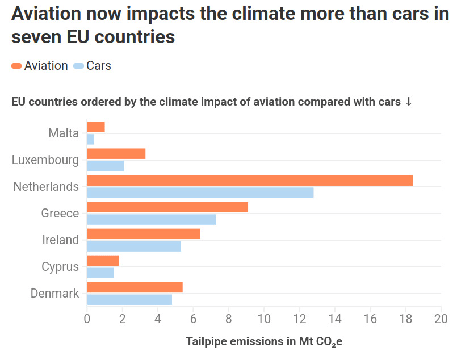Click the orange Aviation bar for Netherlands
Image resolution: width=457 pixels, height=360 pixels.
pos(250,180)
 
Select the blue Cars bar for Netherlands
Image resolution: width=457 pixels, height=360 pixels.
pos(200,193)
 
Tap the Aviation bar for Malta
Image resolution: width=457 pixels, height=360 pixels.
pos(96,127)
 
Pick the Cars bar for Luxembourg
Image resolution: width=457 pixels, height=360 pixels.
pos(106,166)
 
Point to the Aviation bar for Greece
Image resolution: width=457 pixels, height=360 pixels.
pos(167,207)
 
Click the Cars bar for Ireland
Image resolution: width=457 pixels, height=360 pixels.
pos(134,246)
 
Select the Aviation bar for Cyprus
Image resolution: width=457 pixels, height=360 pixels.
pos(103,260)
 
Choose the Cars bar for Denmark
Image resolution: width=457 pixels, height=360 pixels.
pos(129,300)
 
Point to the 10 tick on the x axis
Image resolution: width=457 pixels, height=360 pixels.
pos(264,319)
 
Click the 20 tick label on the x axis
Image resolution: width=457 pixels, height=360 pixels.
pos(441,319)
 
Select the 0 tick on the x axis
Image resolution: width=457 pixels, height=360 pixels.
pos(87,319)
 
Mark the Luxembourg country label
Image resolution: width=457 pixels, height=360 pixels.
pos(45,160)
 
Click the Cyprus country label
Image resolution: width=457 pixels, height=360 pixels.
pos(60,267)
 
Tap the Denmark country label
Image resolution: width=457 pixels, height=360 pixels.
pos(54,294)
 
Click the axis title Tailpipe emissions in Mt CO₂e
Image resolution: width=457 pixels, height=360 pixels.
pos(264,342)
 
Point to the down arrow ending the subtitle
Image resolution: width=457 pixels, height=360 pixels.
pos(408,102)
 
